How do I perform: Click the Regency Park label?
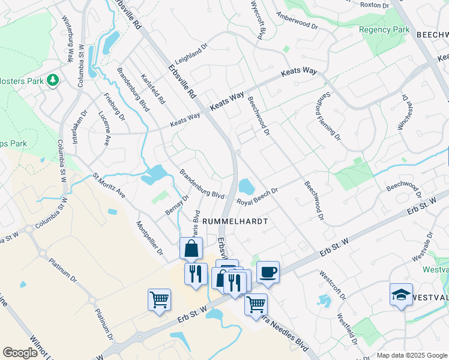384,29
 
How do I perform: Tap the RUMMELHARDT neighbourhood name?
234,221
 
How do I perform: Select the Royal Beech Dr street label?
257,197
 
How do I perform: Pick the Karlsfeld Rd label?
152,89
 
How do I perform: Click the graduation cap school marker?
401,294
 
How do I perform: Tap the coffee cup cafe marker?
268,272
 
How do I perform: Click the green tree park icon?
53,79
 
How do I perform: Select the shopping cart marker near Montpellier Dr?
159,299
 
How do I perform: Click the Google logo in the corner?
20,353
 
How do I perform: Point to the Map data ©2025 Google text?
411,355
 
